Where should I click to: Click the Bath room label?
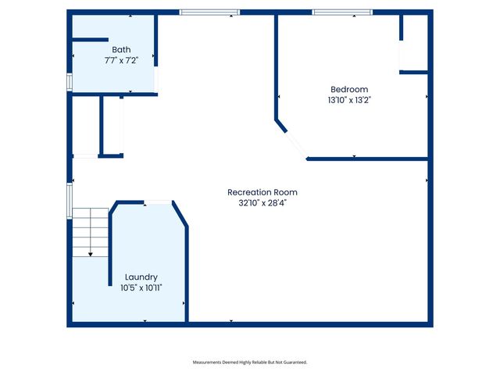pyautogui.click(x=121, y=50)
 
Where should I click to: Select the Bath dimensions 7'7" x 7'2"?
pyautogui.click(x=121, y=60)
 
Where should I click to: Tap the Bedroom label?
pyautogui.click(x=349, y=89)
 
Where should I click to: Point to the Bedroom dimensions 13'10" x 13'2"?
pyautogui.click(x=349, y=100)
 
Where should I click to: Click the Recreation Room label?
pyautogui.click(x=262, y=192)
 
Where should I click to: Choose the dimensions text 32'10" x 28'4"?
pyautogui.click(x=262, y=203)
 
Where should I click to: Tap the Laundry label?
pyautogui.click(x=141, y=277)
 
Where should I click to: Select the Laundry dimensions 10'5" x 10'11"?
pyautogui.click(x=141, y=288)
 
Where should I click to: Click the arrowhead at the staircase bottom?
pyautogui.click(x=91, y=255)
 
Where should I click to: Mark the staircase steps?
pyautogui.click(x=91, y=233)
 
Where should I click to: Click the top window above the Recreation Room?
pyautogui.click(x=209, y=12)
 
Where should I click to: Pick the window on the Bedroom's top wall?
pyautogui.click(x=342, y=12)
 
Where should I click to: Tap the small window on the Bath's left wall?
pyautogui.click(x=70, y=82)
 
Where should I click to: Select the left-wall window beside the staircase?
pyautogui.click(x=70, y=201)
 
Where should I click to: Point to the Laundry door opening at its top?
pyautogui.click(x=158, y=202)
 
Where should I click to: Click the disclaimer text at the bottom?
pyautogui.click(x=250, y=362)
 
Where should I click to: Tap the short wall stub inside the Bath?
pyautogui.click(x=91, y=40)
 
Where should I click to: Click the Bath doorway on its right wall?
pyautogui.click(x=156, y=80)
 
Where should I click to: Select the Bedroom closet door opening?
pyautogui.click(x=401, y=55)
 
